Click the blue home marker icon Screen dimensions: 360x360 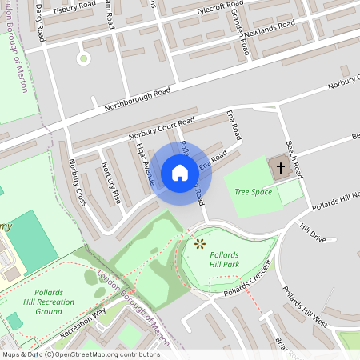pos(180,173)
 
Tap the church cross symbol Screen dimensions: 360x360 pos(280,169)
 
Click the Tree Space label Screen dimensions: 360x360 pos(254,192)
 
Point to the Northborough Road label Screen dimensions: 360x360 pos(138,98)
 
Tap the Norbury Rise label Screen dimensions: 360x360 pos(110,182)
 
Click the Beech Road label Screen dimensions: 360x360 pos(292,157)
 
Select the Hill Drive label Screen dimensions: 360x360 pos(313,234)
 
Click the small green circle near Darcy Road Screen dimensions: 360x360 pos(82,58)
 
